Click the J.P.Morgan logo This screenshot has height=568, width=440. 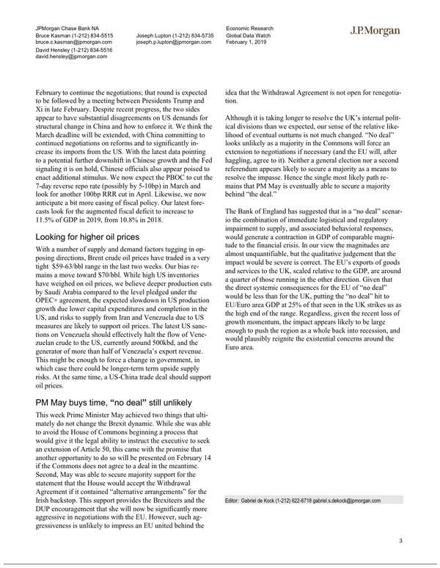click(x=375, y=30)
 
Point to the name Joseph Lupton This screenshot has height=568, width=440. click(x=156, y=34)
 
